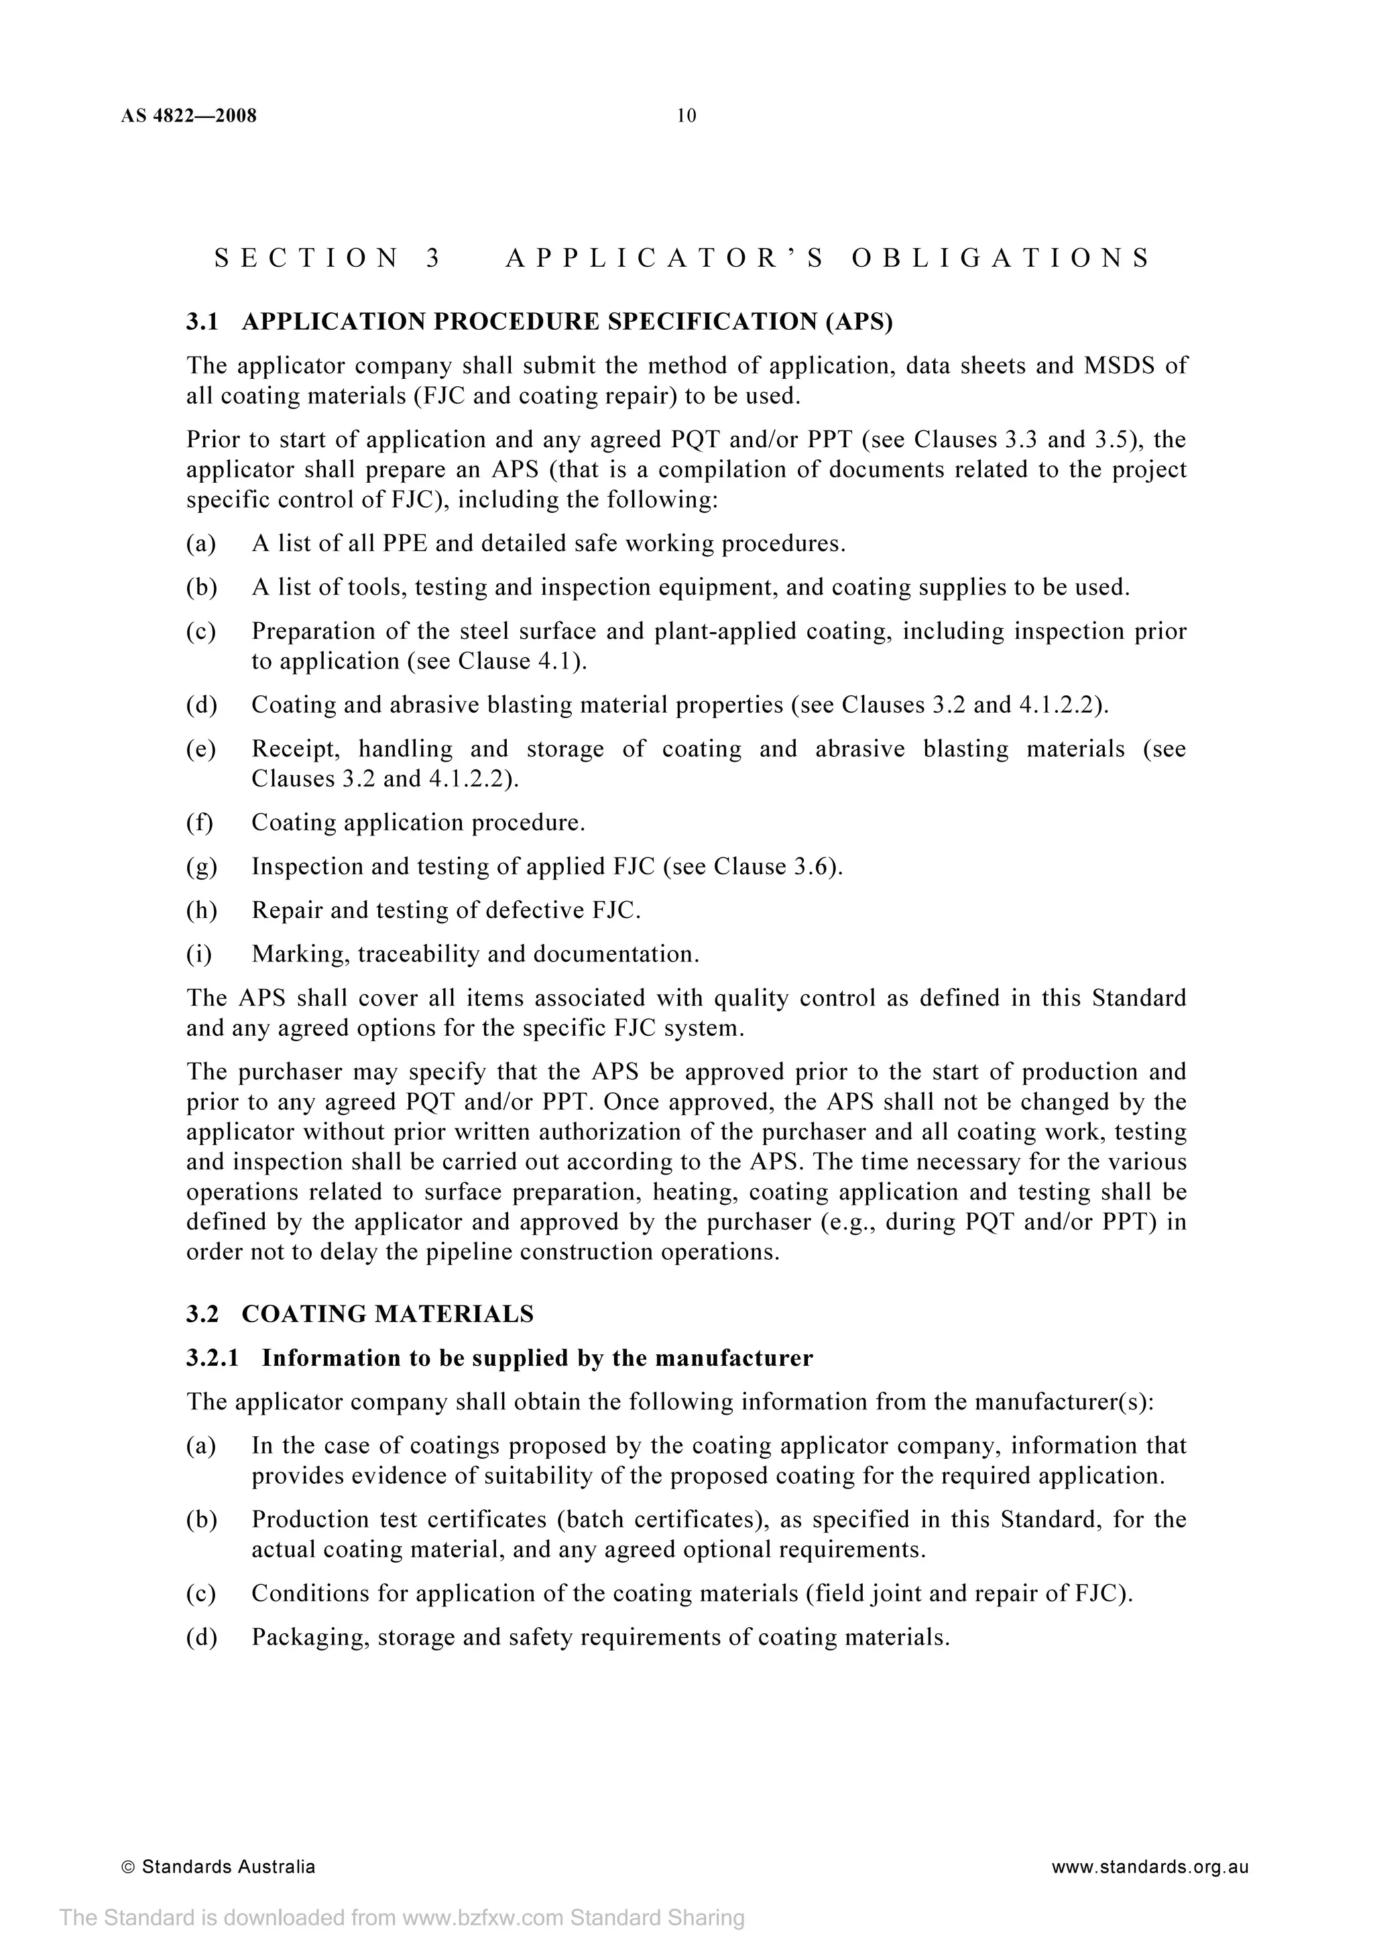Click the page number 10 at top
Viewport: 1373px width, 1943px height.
pos(686,116)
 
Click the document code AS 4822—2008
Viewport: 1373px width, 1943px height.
pos(188,116)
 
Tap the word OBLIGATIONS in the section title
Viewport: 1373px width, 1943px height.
pos(1000,258)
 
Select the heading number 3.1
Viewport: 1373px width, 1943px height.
pos(202,322)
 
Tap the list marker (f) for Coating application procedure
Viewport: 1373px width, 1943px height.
pos(200,823)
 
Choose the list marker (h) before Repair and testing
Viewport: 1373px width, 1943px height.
pos(201,910)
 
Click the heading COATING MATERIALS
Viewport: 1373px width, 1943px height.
pos(387,1314)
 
